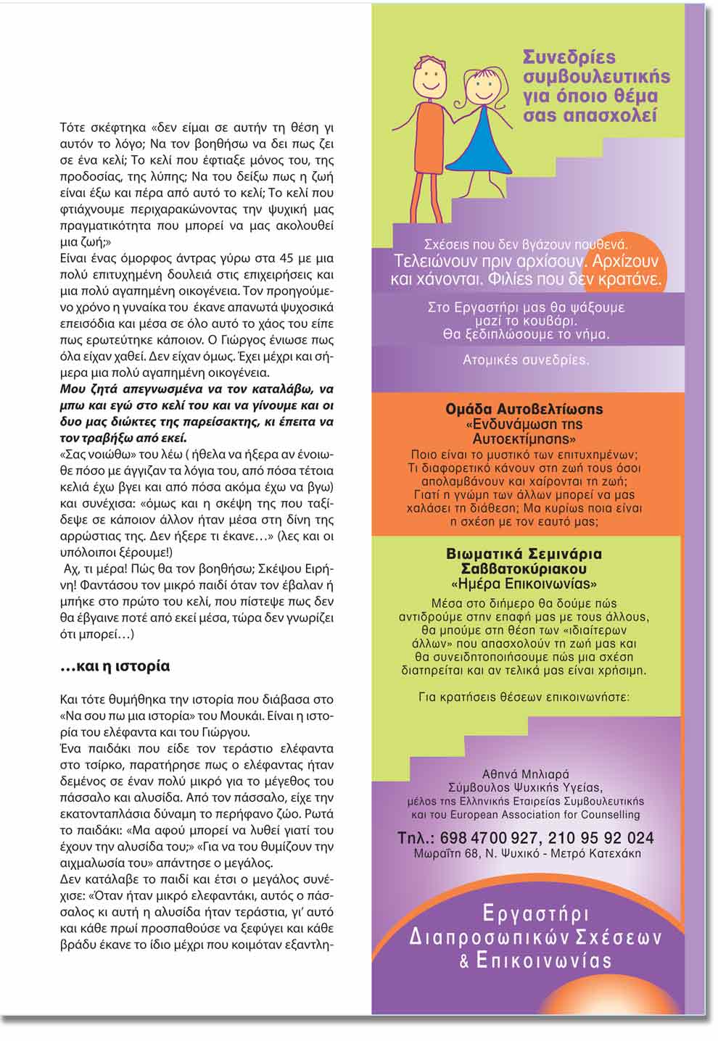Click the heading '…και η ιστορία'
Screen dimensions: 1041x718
pyautogui.click(x=115, y=665)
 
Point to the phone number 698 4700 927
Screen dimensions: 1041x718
pyautogui.click(x=489, y=838)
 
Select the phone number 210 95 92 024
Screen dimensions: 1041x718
pyautogui.click(x=601, y=838)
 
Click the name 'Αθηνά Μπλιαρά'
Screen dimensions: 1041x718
pyautogui.click(x=525, y=774)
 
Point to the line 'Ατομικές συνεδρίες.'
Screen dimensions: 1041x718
pyautogui.click(x=526, y=360)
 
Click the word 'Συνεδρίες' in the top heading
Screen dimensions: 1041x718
pyautogui.click(x=569, y=57)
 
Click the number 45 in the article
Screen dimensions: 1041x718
pyautogui.click(x=287, y=259)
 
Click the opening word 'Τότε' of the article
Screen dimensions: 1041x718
pyautogui.click(x=73, y=128)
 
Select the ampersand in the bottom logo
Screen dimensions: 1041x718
pyautogui.click(x=464, y=962)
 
